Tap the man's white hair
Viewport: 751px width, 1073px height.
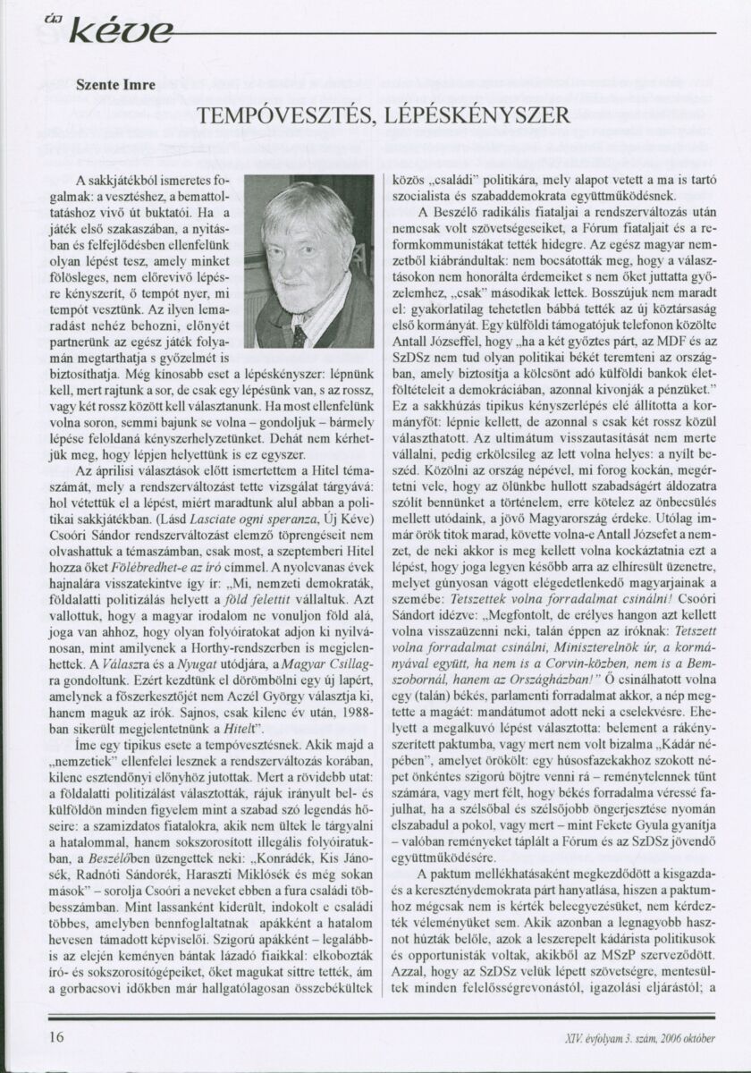click(304, 210)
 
